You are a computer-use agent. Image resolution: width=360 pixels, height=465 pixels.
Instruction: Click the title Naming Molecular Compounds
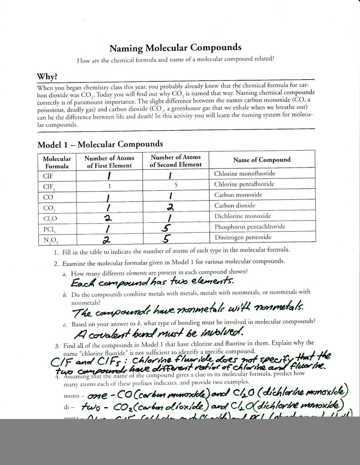[x=175, y=48]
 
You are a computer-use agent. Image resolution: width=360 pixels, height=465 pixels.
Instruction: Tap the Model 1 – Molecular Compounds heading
[x=100, y=144]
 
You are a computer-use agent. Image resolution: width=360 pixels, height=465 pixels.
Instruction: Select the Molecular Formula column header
[x=57, y=162]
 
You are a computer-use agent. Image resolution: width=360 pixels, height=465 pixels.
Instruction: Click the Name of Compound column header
[x=262, y=160]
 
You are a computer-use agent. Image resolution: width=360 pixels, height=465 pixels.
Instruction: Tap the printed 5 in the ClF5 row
[x=176, y=185]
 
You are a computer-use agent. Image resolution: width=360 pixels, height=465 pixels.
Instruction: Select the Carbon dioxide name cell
[x=235, y=206]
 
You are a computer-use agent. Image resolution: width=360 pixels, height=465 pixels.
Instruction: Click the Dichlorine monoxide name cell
[x=243, y=216]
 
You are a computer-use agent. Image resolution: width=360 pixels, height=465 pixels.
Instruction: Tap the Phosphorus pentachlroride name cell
[x=250, y=227]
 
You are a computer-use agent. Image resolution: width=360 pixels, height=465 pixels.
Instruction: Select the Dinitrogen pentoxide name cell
[x=243, y=237]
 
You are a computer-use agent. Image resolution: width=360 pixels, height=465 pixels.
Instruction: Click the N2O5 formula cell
[x=51, y=240]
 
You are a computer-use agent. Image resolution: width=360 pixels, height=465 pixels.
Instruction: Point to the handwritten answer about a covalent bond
[x=159, y=333]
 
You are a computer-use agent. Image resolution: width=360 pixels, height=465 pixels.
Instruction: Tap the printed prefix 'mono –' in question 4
[x=71, y=396]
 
